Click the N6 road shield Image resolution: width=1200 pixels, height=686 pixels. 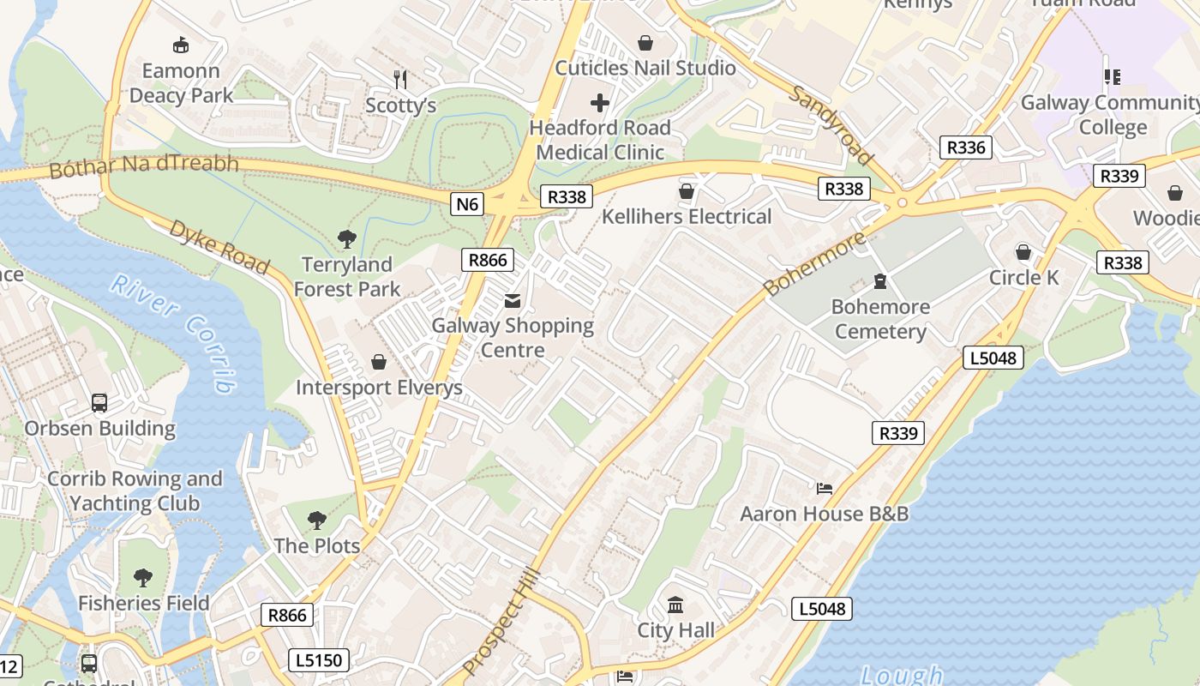pyautogui.click(x=468, y=204)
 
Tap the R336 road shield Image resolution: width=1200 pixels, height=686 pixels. pyautogui.click(x=965, y=147)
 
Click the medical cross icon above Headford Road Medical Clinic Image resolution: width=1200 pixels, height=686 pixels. pyautogui.click(x=600, y=104)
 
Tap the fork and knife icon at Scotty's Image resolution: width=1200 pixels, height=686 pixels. pyautogui.click(x=400, y=80)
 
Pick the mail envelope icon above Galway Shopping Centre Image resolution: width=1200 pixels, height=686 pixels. pyautogui.click(x=513, y=300)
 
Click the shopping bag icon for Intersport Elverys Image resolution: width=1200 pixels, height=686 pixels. pyautogui.click(x=379, y=363)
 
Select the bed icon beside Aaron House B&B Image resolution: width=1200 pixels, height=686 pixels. pyautogui.click(x=825, y=489)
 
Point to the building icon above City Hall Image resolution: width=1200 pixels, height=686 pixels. pyautogui.click(x=675, y=605)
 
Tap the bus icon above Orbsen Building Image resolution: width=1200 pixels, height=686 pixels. pyautogui.click(x=99, y=403)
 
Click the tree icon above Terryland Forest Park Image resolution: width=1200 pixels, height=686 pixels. pyautogui.click(x=347, y=239)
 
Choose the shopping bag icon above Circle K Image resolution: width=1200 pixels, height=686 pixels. pyautogui.click(x=1023, y=252)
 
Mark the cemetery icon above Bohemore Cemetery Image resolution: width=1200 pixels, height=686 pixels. pyautogui.click(x=879, y=281)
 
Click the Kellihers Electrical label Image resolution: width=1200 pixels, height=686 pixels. pyautogui.click(x=687, y=216)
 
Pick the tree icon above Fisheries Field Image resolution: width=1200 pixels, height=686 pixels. pyautogui.click(x=143, y=578)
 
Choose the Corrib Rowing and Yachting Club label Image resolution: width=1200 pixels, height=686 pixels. pyautogui.click(x=135, y=491)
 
